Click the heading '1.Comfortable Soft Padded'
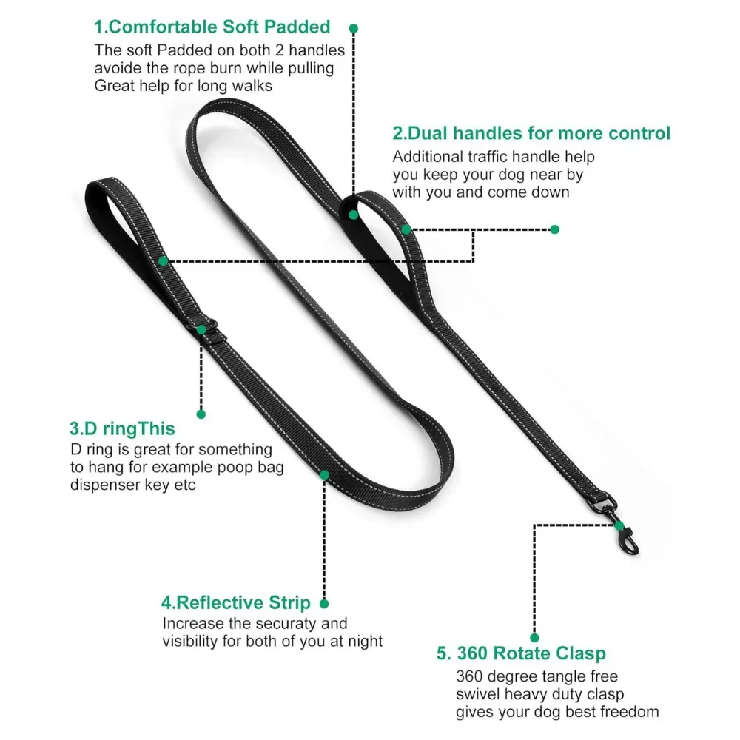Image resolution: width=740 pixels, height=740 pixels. [212, 27]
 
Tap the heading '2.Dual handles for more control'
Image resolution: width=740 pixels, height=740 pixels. [531, 134]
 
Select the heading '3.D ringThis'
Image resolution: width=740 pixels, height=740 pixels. [122, 428]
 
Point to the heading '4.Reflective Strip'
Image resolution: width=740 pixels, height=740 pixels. [236, 603]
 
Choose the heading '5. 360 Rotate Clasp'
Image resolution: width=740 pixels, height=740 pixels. [521, 653]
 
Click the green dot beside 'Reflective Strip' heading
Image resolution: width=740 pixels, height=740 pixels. [324, 604]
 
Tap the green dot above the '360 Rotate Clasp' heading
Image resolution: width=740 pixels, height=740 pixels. [534, 637]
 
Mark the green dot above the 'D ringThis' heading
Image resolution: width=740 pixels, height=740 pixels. [201, 414]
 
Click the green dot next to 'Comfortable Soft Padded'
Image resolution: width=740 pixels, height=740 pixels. [354, 28]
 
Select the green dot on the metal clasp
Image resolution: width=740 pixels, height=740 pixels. [619, 525]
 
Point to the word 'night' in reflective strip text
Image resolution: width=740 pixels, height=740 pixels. [363, 642]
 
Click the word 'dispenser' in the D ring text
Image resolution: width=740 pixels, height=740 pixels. [104, 485]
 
